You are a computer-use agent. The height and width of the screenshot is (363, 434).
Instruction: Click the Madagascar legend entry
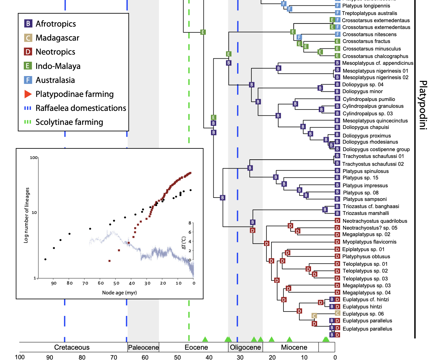pyautogui.click(x=57, y=38)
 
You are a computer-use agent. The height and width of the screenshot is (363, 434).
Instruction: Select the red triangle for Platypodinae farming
pyautogui.click(x=28, y=94)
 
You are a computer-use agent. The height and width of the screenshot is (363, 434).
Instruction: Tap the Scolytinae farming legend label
pyautogui.click(x=69, y=122)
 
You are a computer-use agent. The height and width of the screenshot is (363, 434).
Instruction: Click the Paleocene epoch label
pyautogui.click(x=143, y=347)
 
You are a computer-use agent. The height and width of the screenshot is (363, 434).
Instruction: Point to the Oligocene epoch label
pyautogui.click(x=245, y=347)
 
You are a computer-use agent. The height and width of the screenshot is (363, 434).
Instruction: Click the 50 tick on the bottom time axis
pyautogui.click(x=177, y=357)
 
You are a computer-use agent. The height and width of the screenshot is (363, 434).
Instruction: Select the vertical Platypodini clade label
pyautogui.click(x=422, y=105)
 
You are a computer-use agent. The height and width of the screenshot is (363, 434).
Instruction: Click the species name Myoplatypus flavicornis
pyautogui.click(x=369, y=242)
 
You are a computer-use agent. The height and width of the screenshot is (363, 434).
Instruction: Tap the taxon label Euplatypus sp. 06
pyautogui.click(x=363, y=314)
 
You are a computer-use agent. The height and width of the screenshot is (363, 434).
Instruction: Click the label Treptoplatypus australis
pyautogui.click(x=369, y=13)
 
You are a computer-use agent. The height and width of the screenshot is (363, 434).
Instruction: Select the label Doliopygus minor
pyautogui.click(x=362, y=91)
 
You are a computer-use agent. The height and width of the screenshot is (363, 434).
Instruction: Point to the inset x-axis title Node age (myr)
pyautogui.click(x=119, y=293)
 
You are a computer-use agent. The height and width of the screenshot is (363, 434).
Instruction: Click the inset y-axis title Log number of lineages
pyautogui.click(x=26, y=215)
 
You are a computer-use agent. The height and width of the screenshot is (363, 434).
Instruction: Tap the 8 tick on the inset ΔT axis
pyautogui.click(x=190, y=223)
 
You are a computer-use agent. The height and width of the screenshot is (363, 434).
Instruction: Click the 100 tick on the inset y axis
pyautogui.click(x=34, y=158)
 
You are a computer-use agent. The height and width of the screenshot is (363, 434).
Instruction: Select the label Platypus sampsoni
pyautogui.click(x=365, y=199)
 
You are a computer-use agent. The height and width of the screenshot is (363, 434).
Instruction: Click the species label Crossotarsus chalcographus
pyautogui.click(x=375, y=56)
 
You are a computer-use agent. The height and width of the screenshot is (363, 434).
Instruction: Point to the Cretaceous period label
pyautogui.click(x=72, y=347)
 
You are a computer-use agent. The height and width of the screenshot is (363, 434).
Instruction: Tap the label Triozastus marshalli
pyautogui.click(x=366, y=213)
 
